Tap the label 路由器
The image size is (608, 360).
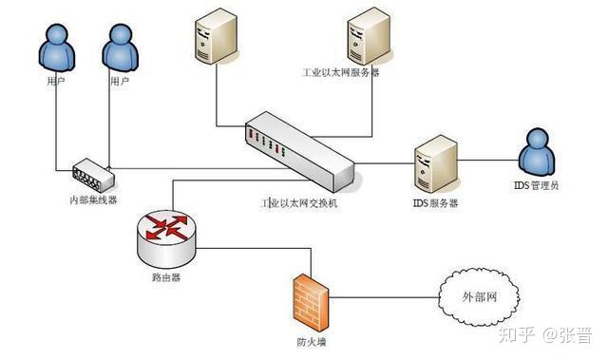click(x=165, y=278)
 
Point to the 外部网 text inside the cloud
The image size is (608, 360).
click(x=480, y=297)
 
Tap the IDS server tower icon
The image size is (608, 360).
click(x=436, y=164)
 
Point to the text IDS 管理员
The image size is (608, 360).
click(x=541, y=185)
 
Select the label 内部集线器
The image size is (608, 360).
click(x=92, y=199)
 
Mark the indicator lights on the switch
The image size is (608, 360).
click(x=267, y=143)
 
